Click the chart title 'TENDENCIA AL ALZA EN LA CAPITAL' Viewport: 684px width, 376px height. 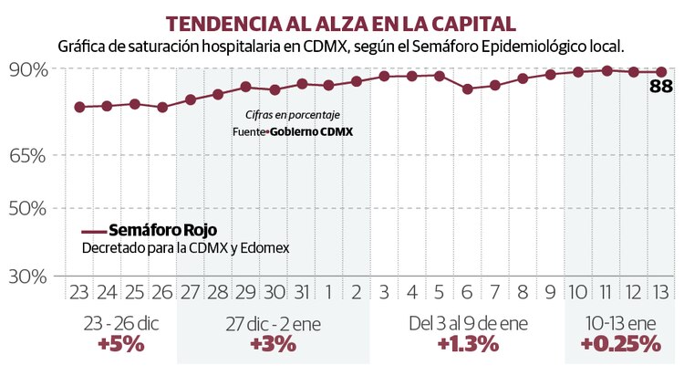(341, 22)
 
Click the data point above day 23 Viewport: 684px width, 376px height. (79, 107)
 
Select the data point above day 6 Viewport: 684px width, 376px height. (467, 89)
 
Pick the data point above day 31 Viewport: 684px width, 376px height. (301, 83)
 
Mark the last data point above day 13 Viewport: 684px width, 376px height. (661, 71)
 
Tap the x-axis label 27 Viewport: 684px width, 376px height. (191, 293)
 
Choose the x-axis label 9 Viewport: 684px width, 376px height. (550, 293)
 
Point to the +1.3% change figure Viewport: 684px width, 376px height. (467, 344)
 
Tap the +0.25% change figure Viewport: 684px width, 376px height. (619, 344)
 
